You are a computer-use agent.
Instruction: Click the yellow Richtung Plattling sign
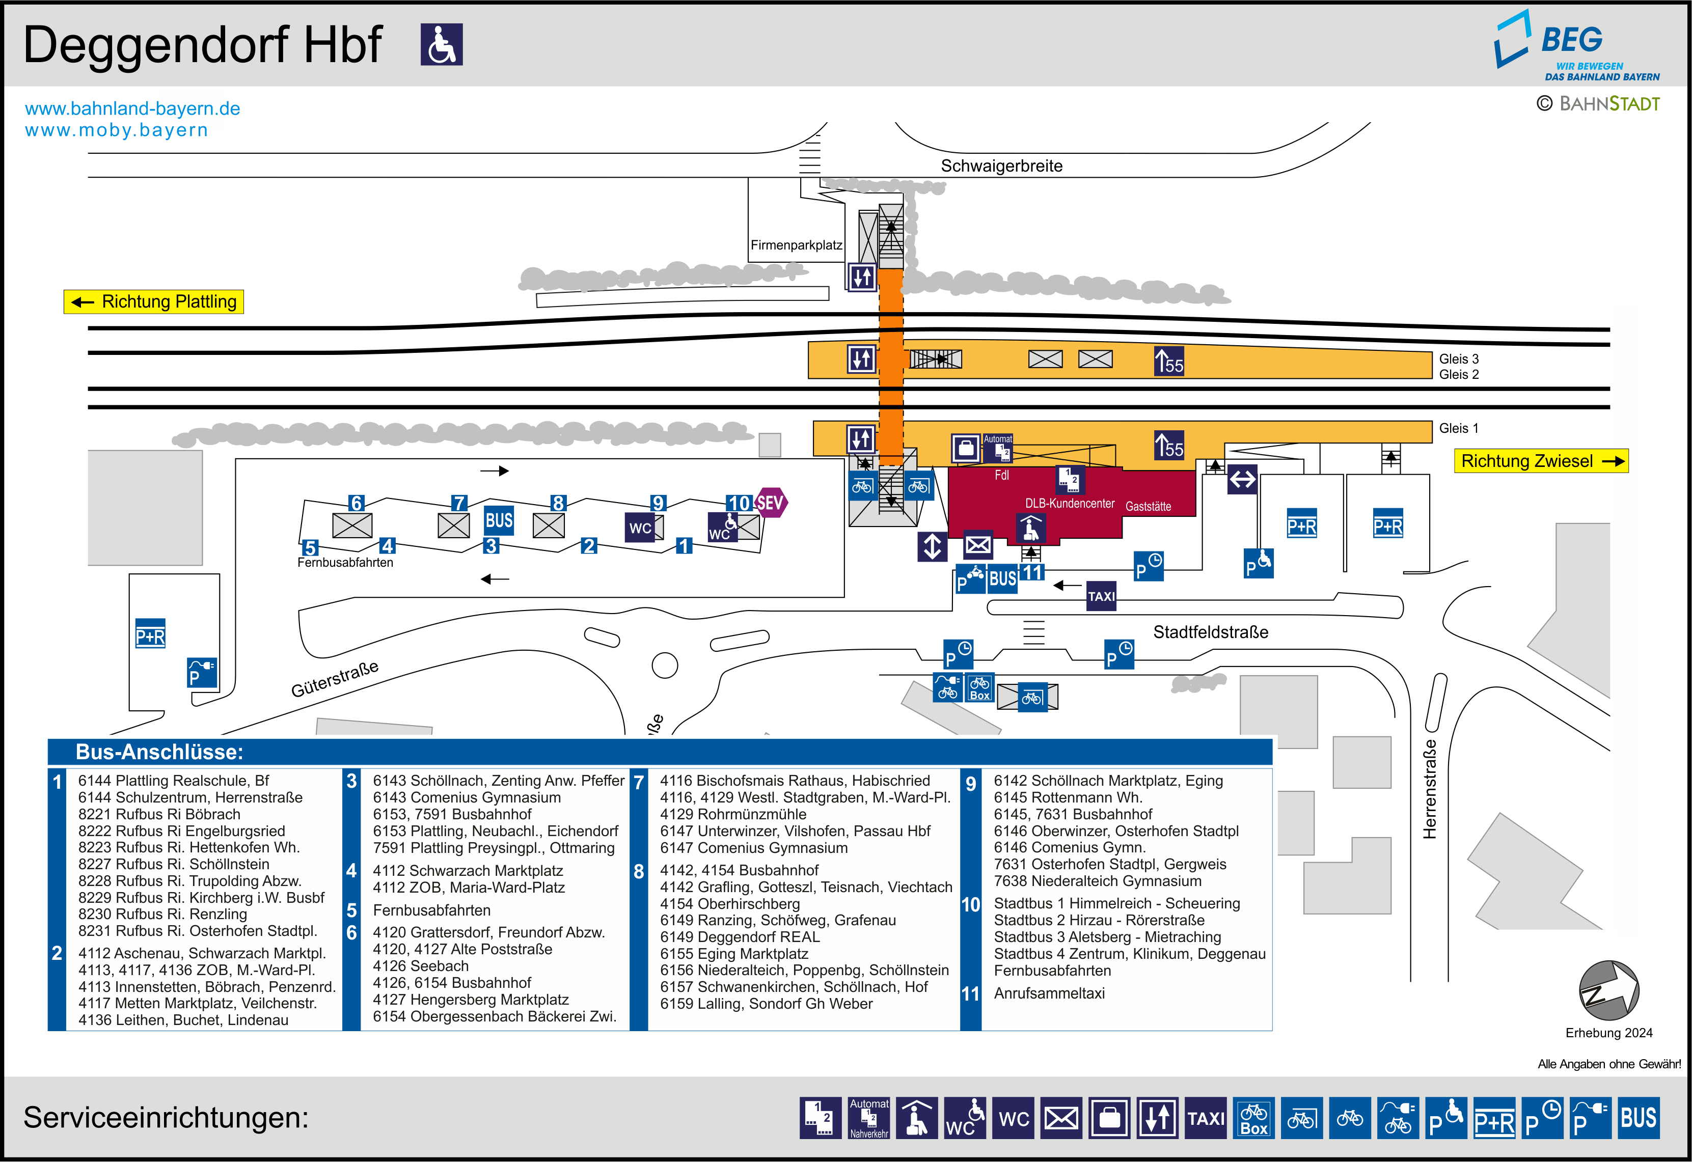tap(154, 301)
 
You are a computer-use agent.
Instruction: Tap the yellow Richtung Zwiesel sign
tap(1541, 461)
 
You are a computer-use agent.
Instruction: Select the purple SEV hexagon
tap(770, 503)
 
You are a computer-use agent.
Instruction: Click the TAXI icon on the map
tap(1101, 596)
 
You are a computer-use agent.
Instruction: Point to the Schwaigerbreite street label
tap(1001, 166)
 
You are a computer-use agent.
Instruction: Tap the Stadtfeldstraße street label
tap(1210, 632)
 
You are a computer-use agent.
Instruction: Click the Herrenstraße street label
tap(1430, 789)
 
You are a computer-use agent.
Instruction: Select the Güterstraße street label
tap(335, 679)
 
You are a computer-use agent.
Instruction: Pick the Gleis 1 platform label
tap(1458, 428)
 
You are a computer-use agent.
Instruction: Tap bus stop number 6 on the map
tap(356, 503)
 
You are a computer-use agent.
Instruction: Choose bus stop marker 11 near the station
tap(1032, 572)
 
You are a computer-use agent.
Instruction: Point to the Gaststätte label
tap(1148, 506)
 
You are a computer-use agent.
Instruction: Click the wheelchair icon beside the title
tap(441, 44)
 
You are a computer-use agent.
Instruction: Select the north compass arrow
tap(1608, 990)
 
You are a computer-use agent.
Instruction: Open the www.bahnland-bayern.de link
tap(132, 108)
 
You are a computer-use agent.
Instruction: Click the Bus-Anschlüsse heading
tap(159, 752)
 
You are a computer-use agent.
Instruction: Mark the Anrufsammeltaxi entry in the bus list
tap(1049, 993)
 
